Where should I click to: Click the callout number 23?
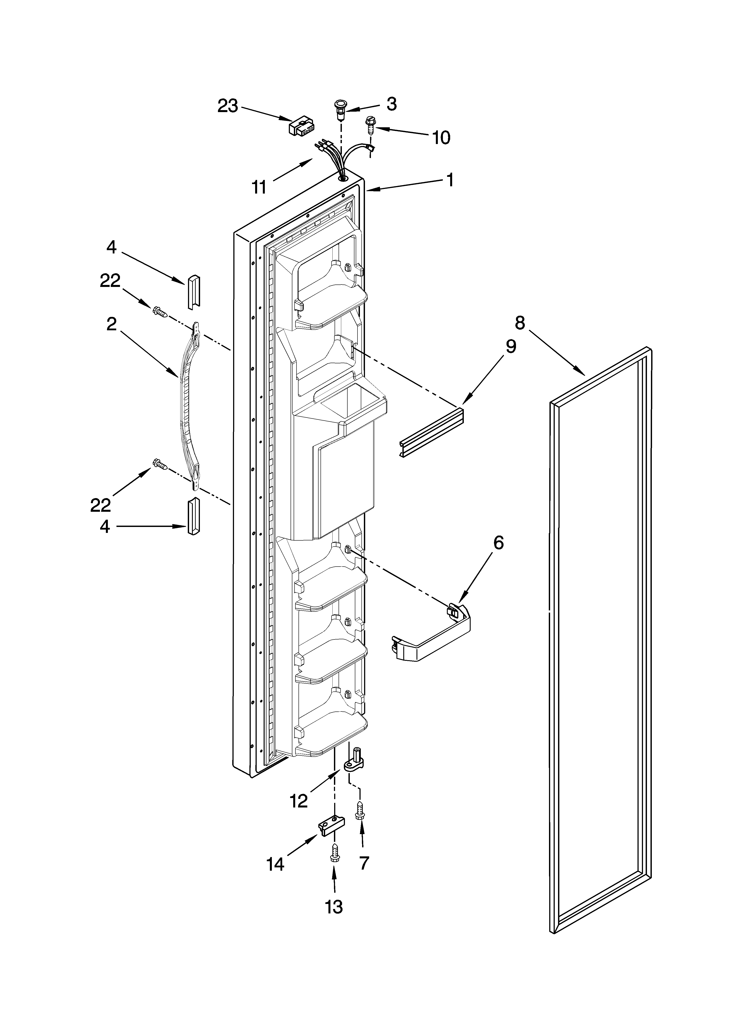pos(228,106)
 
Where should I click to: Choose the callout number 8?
pos(519,323)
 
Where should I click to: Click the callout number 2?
pos(111,324)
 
